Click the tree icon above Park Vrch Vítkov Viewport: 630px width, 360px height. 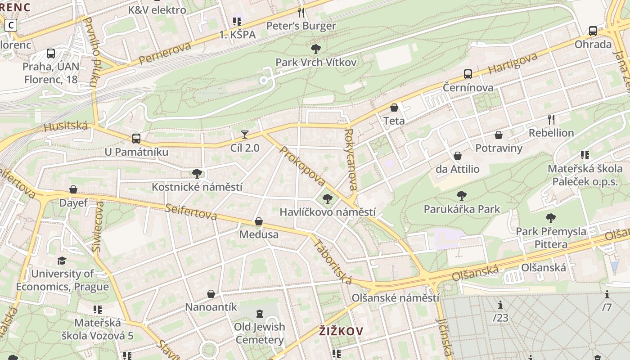click(x=316, y=49)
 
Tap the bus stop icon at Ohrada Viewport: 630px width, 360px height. click(x=593, y=31)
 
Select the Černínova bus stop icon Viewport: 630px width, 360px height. click(x=468, y=74)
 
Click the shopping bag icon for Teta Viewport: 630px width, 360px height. click(x=394, y=108)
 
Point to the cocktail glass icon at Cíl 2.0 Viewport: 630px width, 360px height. click(x=244, y=134)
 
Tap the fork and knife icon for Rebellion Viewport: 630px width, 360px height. click(x=551, y=119)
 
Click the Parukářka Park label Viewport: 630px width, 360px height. click(x=462, y=209)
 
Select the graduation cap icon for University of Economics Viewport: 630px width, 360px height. click(x=62, y=261)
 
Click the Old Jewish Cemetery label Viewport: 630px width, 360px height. click(x=260, y=333)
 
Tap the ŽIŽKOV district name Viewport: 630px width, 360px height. click(x=341, y=332)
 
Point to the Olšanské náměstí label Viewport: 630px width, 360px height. click(x=395, y=298)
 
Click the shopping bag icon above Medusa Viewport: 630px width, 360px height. click(x=259, y=221)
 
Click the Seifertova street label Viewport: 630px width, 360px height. click(x=191, y=212)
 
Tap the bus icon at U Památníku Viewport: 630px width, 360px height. click(x=136, y=139)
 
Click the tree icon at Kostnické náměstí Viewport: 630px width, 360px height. click(x=197, y=173)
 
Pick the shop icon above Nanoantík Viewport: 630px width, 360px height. click(x=211, y=294)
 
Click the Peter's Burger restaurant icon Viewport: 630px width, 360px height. click(x=301, y=13)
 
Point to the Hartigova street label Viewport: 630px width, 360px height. click(x=513, y=63)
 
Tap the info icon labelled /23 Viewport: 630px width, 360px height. click(x=500, y=305)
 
